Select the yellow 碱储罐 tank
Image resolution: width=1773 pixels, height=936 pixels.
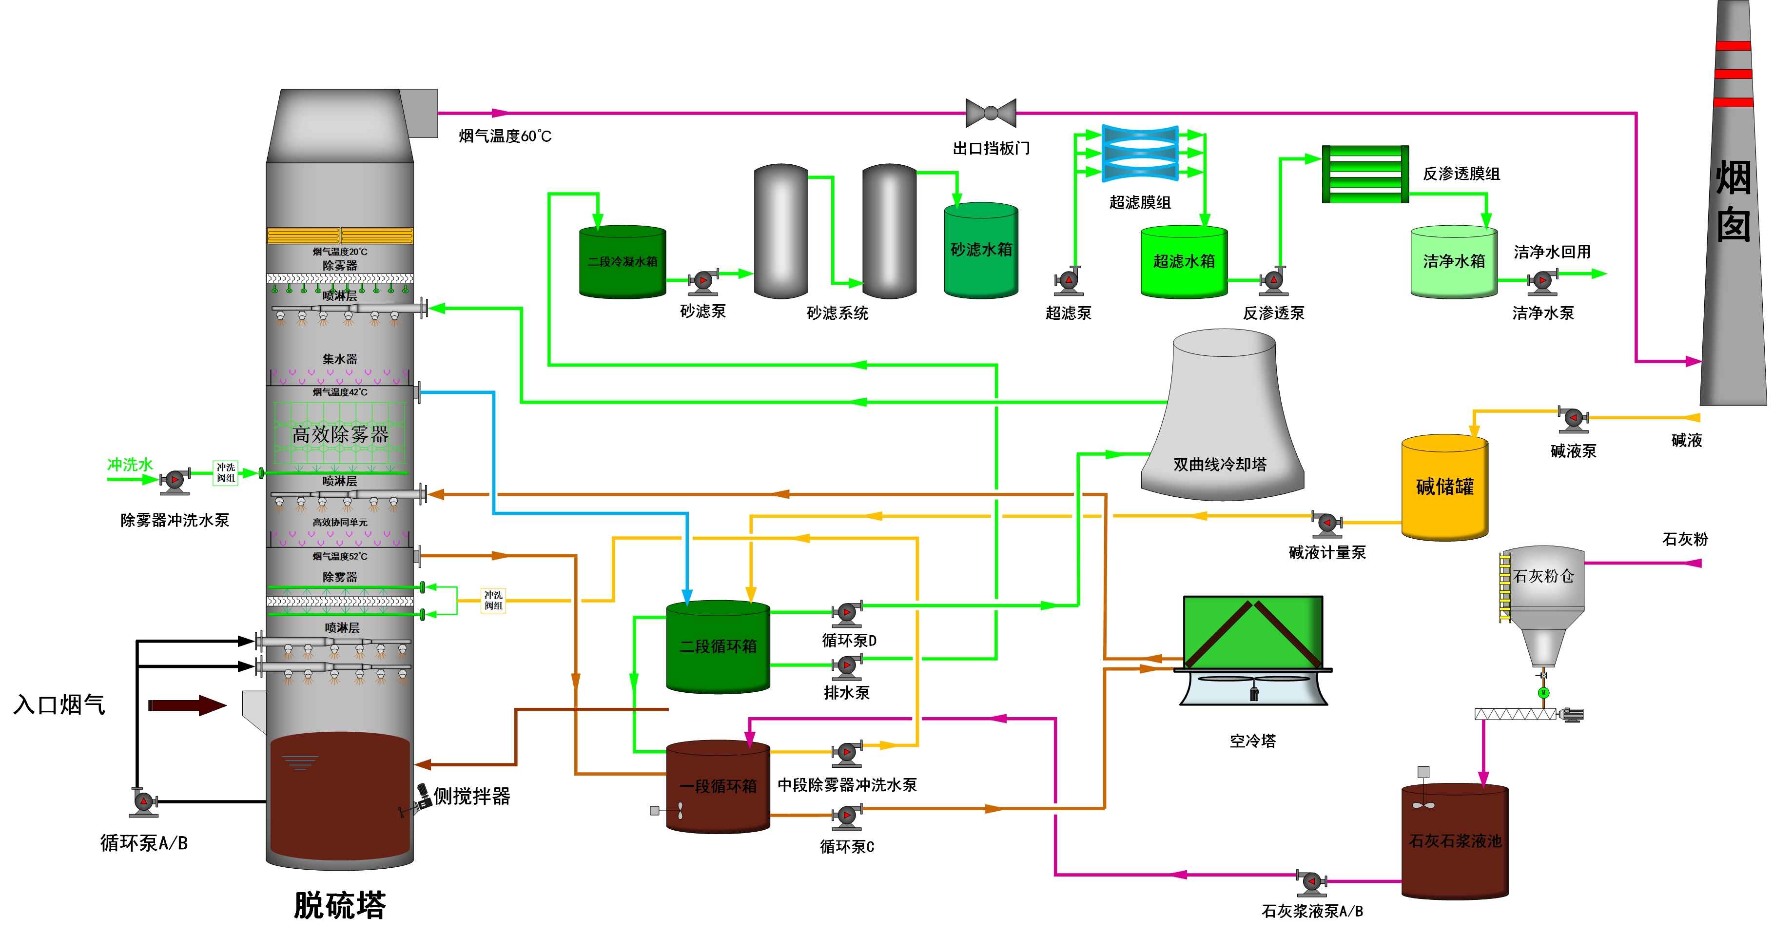pos(1445,487)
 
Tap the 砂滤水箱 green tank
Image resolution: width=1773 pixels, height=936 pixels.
pos(981,251)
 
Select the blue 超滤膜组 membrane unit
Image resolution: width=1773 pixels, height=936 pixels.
pos(1140,153)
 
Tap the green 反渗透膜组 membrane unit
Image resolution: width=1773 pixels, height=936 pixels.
pos(1365,174)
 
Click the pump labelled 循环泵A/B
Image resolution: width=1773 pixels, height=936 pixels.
pos(144,802)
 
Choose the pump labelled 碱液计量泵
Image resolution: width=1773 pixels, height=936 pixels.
pos(1327,524)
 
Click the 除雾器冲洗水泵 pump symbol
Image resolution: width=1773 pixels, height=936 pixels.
pos(175,480)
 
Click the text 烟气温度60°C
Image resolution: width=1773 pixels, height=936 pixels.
pos(505,136)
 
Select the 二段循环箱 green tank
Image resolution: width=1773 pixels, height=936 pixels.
pos(718,647)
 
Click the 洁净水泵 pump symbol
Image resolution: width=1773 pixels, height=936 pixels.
pos(1542,281)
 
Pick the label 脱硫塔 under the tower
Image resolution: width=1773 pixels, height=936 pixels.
pos(339,905)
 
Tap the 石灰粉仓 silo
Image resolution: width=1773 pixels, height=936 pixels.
pos(1543,592)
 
